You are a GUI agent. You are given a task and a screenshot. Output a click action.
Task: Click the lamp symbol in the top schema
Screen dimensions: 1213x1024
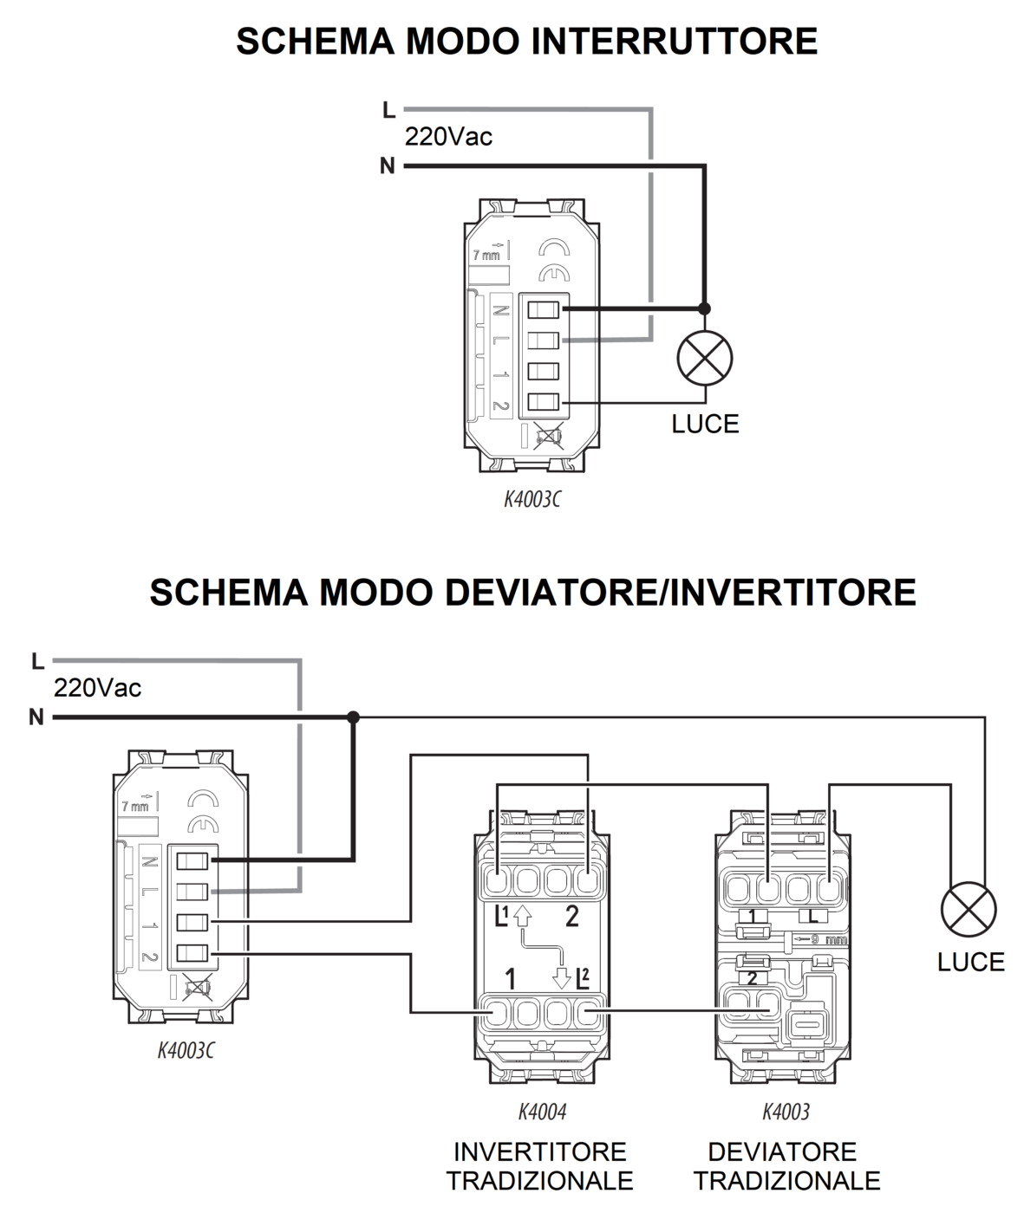tap(704, 358)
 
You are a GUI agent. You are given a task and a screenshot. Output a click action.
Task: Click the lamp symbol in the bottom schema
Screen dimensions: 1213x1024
tap(969, 909)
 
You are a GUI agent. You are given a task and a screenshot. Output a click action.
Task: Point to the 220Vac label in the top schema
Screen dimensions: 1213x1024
tap(448, 137)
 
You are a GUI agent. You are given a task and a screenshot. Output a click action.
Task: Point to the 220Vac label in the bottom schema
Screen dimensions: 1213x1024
tap(97, 689)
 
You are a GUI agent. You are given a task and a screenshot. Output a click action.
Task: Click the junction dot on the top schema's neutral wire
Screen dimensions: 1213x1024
tap(704, 308)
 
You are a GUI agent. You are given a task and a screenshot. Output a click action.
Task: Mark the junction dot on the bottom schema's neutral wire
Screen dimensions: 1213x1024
tap(353, 717)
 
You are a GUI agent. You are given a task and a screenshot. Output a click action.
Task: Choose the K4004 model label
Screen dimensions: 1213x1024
tap(542, 1112)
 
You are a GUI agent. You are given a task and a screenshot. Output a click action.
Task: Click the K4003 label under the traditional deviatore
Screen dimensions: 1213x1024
tap(786, 1112)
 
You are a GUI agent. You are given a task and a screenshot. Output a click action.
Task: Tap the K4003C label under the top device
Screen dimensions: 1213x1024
tap(532, 500)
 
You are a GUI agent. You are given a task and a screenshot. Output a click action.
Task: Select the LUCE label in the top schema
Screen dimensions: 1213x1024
tap(705, 424)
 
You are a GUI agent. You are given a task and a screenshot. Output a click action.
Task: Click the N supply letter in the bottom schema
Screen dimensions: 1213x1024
tap(36, 717)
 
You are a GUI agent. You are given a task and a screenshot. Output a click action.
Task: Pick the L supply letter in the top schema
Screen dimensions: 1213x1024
tap(388, 110)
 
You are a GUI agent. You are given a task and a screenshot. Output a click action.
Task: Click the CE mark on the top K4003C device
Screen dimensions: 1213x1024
tap(551, 274)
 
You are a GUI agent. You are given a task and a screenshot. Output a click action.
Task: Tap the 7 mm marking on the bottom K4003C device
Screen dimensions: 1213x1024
tap(134, 807)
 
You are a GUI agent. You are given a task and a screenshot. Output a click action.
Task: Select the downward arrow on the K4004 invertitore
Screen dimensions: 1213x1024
tap(562, 977)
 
